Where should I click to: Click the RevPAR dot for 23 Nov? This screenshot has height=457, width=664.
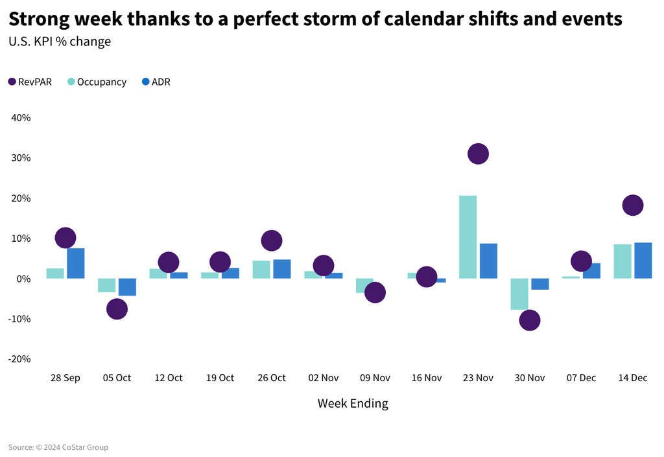point(478,154)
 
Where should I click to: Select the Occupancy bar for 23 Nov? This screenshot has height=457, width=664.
point(468,237)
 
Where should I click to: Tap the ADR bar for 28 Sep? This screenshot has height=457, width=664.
point(76,263)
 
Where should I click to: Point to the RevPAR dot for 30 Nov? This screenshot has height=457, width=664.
point(529,320)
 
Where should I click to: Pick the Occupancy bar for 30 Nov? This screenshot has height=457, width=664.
point(519,294)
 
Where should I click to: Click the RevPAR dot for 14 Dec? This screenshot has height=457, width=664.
point(632,205)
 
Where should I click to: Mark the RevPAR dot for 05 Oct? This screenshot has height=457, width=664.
point(117,309)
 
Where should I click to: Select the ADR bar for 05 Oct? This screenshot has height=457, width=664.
point(127,287)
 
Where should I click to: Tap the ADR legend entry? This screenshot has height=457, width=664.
point(156,82)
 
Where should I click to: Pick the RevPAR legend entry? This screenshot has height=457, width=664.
point(30,82)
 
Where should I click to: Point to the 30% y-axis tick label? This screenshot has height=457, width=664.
point(21,158)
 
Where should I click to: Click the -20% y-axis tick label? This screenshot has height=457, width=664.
point(19,359)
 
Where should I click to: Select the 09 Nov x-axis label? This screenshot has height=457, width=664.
point(375,378)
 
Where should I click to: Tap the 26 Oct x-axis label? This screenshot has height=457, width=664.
point(271,378)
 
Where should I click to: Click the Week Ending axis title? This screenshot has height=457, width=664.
point(353,403)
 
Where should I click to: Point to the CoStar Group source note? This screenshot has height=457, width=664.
point(58,447)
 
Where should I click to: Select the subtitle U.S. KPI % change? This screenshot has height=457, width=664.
point(60,42)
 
